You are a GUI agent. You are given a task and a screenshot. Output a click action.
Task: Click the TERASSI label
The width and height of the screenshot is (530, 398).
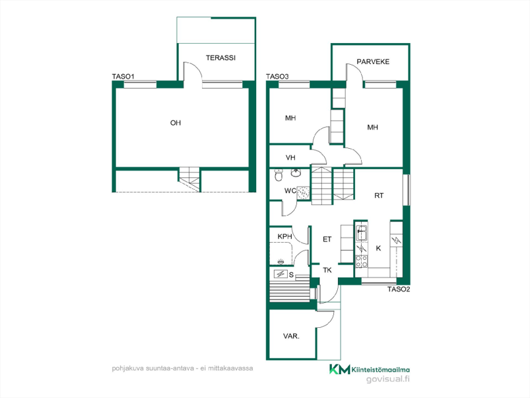tap(220, 58)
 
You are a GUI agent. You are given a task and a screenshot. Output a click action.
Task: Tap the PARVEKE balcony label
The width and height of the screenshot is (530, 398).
tap(373, 61)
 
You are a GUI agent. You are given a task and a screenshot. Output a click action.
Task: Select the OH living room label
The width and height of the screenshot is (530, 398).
tap(176, 123)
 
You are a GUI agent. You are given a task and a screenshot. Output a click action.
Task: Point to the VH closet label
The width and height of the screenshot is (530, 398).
tap(290, 158)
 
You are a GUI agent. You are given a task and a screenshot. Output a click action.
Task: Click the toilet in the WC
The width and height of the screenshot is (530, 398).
tap(279, 175)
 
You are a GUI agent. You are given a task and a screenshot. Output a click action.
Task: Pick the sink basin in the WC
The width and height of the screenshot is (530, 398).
tap(296, 173)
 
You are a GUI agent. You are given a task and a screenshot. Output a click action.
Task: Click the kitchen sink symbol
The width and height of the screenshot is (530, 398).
tap(361, 233)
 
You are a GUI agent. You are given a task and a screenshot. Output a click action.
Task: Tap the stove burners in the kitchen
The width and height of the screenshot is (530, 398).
tap(361, 261)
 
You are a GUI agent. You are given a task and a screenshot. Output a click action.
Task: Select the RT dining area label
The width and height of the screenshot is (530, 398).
tap(379, 196)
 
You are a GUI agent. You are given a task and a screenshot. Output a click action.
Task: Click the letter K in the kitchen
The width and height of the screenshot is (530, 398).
tap(378, 249)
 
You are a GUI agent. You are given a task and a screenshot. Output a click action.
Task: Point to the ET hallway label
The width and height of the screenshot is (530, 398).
tap(327, 239)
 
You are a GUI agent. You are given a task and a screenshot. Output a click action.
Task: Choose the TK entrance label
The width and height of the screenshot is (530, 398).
tap(327, 270)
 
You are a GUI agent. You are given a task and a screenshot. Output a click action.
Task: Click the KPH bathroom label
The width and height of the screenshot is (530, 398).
tap(284, 237)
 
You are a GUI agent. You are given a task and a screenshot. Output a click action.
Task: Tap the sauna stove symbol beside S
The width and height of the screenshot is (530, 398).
tap(281, 274)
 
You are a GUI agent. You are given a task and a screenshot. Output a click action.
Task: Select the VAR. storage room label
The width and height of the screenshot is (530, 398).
tap(291, 337)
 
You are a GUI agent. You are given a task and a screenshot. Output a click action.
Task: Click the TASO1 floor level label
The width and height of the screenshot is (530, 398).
tap(123, 77)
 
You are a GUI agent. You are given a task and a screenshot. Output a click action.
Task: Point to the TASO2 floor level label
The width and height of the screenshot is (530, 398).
tap(399, 290)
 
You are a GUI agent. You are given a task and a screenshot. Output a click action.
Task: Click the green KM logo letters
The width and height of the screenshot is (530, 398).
tap(340, 369)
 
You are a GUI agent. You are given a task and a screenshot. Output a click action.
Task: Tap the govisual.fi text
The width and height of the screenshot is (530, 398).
tap(388, 379)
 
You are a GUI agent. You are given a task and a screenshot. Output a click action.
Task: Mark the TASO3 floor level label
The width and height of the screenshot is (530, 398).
tap(277, 77)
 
